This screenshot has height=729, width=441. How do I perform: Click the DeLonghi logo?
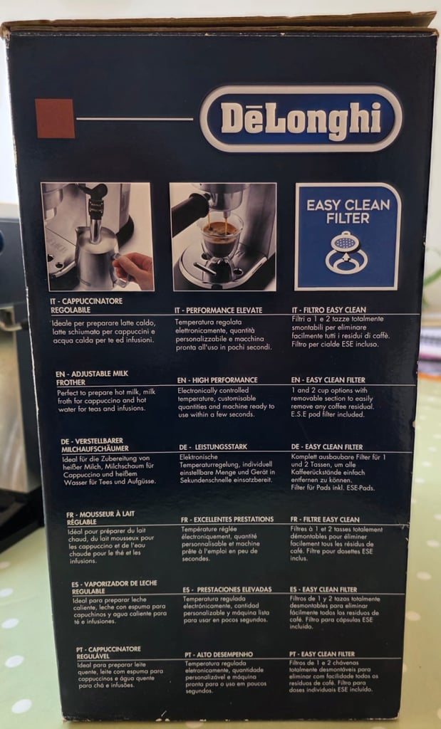tap(301, 118)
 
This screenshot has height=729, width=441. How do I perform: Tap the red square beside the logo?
tap(55, 118)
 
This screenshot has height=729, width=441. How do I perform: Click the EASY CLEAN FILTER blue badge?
tap(348, 236)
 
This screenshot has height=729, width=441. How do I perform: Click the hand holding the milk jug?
tap(135, 270)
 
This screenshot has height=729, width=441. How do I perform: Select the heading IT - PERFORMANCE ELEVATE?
tap(219, 310)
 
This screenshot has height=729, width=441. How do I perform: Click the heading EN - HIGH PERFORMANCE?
tap(217, 380)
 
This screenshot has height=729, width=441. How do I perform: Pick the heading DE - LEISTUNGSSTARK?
tap(214, 447)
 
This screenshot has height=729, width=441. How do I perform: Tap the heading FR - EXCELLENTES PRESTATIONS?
tap(227, 520)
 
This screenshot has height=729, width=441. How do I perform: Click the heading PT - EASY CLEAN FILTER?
tap(322, 654)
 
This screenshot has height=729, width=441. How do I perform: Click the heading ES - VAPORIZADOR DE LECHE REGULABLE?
tap(114, 587)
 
